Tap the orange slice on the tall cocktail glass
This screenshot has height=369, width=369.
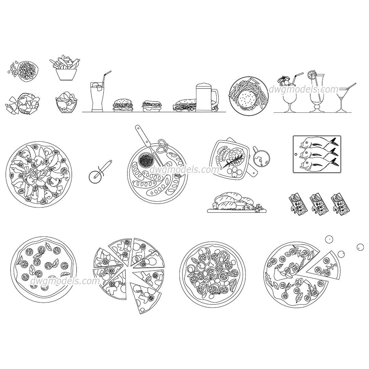[312, 74]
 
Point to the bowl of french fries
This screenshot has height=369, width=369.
[65, 70]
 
